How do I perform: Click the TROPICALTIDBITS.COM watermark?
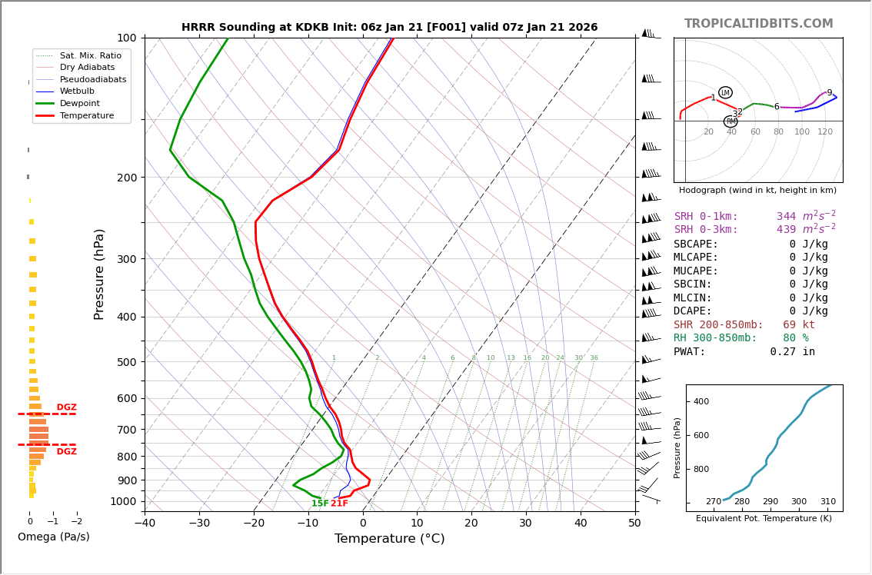tap(758, 24)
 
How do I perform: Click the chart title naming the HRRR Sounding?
tap(389, 28)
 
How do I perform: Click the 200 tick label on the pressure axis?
tap(126, 178)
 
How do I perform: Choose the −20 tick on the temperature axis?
tap(253, 523)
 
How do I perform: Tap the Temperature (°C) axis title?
tap(389, 539)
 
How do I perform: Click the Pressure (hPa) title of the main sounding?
tap(100, 274)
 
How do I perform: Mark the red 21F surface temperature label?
tap(339, 504)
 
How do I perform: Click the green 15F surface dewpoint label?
tap(320, 504)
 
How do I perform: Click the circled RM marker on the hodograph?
tap(731, 121)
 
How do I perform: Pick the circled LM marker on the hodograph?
tap(725, 93)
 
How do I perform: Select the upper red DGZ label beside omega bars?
tap(66, 407)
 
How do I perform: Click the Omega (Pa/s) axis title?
tap(54, 537)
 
